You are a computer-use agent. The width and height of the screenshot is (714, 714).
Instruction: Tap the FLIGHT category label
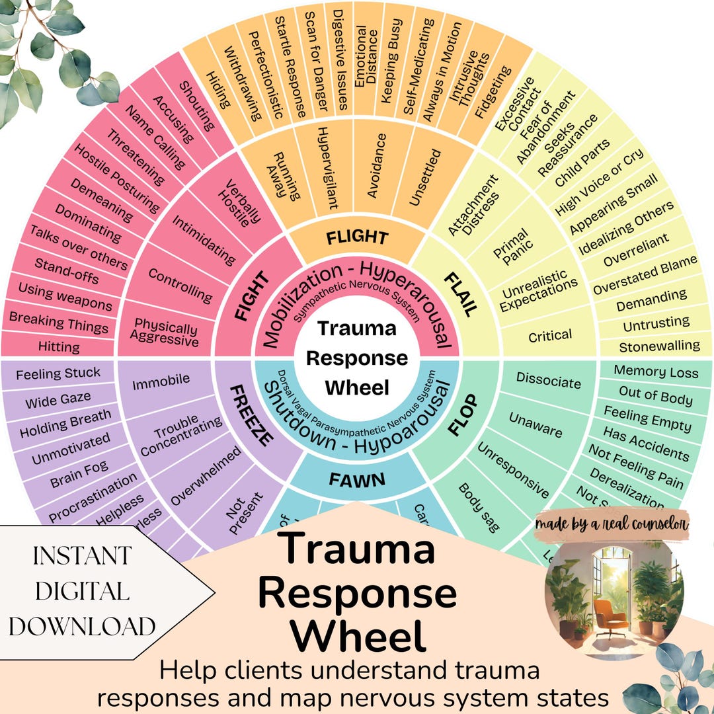pos(357,237)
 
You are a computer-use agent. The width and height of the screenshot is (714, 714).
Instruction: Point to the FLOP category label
pos(465,415)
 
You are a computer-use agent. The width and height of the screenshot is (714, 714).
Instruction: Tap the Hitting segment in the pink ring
pos(59,346)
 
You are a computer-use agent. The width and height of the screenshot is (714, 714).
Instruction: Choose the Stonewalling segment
pos(659,345)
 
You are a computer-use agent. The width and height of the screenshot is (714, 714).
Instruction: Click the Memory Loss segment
pos(656,372)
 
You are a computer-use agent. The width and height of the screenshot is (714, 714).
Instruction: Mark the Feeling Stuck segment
pos(58,374)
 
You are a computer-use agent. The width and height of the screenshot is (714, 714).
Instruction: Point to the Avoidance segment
pos(375,165)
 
